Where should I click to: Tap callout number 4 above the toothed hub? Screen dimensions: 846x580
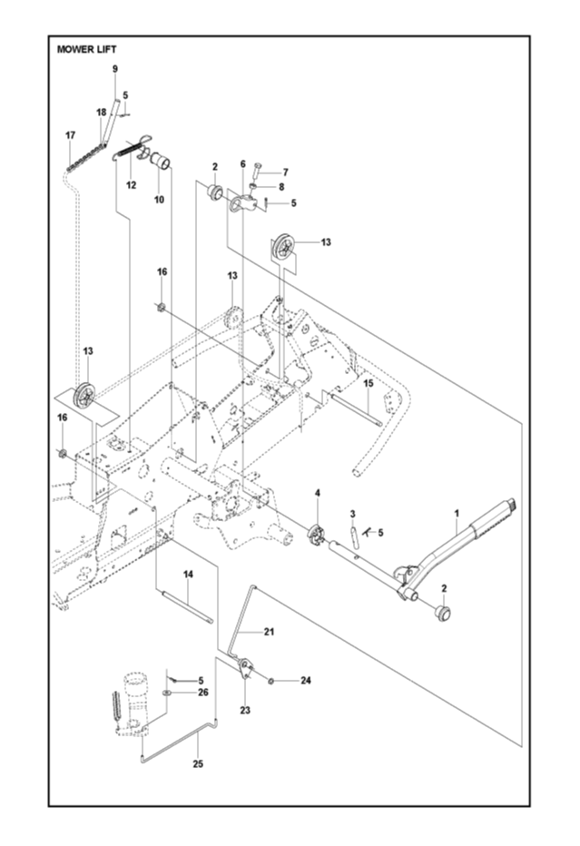(x=318, y=493)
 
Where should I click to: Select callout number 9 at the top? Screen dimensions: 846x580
(x=115, y=69)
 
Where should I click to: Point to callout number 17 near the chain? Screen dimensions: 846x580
(x=70, y=135)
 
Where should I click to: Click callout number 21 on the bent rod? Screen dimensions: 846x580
(x=269, y=631)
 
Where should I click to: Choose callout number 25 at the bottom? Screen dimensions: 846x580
(x=198, y=764)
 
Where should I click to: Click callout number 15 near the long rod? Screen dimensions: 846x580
(x=368, y=384)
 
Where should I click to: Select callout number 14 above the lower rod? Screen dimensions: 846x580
(x=188, y=574)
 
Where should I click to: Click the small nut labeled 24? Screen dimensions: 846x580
(x=271, y=680)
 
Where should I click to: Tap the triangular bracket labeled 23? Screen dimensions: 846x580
(x=244, y=676)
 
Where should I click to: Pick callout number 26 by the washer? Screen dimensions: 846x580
(x=202, y=693)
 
